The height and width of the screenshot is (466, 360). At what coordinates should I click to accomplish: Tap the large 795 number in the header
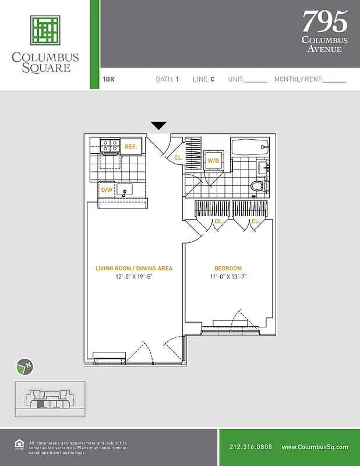click(324, 22)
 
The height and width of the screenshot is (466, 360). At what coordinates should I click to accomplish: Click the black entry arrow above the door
click(158, 126)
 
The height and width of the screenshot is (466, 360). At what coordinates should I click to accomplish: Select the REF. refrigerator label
click(131, 147)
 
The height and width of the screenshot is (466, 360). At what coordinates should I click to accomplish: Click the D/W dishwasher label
click(107, 190)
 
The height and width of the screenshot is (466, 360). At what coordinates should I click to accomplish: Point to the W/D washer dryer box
click(213, 160)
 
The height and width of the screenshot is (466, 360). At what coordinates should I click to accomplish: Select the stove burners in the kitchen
click(108, 145)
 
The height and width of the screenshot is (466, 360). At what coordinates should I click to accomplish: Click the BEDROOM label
click(228, 269)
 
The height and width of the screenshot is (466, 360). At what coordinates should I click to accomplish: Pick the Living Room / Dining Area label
click(134, 269)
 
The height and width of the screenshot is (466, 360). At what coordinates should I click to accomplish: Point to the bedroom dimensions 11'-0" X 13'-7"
click(228, 277)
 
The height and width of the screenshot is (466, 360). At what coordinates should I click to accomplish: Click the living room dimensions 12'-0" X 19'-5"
click(134, 277)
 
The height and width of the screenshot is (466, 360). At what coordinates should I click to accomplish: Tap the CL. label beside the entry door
click(178, 157)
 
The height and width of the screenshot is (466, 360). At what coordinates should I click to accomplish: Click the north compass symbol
click(23, 366)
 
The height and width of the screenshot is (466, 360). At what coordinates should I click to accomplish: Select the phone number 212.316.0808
click(250, 447)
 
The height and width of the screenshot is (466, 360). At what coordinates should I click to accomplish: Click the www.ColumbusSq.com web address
click(315, 447)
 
